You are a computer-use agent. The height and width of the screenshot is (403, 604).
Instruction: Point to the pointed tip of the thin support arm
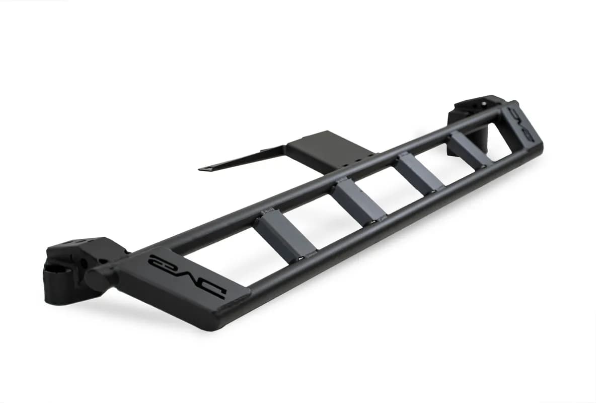[201, 169]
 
